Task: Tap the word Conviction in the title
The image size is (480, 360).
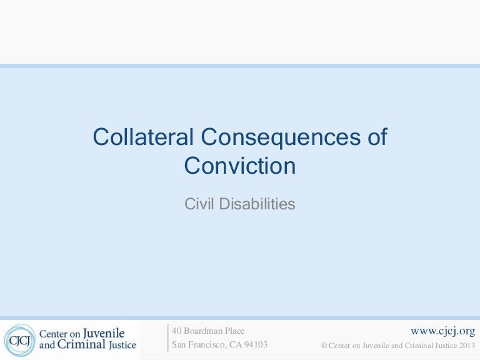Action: point(240,166)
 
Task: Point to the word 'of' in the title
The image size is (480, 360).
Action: point(375,137)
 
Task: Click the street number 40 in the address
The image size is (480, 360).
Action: point(177,331)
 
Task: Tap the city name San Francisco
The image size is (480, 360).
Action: point(196,344)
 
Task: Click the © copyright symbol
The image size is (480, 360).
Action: point(323,345)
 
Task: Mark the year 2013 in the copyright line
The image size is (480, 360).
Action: point(466,345)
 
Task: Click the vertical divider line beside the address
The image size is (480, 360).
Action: point(168,337)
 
